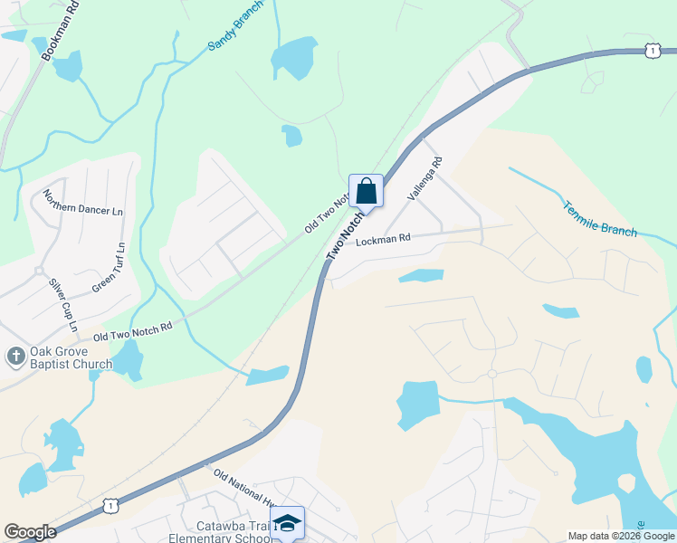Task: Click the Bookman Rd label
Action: pyautogui.click(x=61, y=33)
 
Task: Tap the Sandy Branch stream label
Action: pyautogui.click(x=235, y=25)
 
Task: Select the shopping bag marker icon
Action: pyautogui.click(x=366, y=191)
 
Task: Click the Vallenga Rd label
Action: pyautogui.click(x=424, y=178)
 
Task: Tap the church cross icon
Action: pyautogui.click(x=14, y=357)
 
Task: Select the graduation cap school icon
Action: pyautogui.click(x=287, y=522)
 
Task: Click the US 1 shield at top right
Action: pyautogui.click(x=653, y=52)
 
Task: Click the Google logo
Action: pyautogui.click(x=29, y=532)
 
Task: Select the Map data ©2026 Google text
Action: pyautogui.click(x=620, y=536)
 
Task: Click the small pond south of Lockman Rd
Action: pyautogui.click(x=421, y=275)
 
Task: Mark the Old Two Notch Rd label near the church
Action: pyautogui.click(x=132, y=334)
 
